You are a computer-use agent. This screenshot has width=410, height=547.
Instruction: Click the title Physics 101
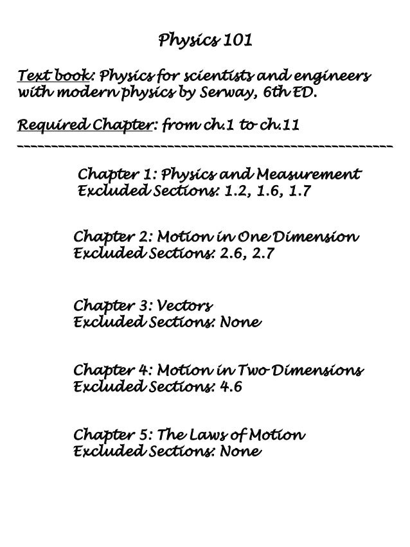(x=204, y=42)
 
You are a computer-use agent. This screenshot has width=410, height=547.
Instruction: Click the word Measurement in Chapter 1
(x=308, y=175)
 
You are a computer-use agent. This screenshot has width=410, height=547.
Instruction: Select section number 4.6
(x=230, y=388)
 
